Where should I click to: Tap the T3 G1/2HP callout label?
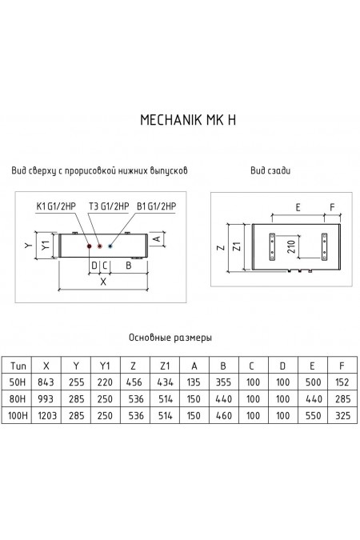(109, 207)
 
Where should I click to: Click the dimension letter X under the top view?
(101, 282)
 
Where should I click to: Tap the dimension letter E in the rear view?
(298, 206)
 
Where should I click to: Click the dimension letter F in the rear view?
(333, 206)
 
